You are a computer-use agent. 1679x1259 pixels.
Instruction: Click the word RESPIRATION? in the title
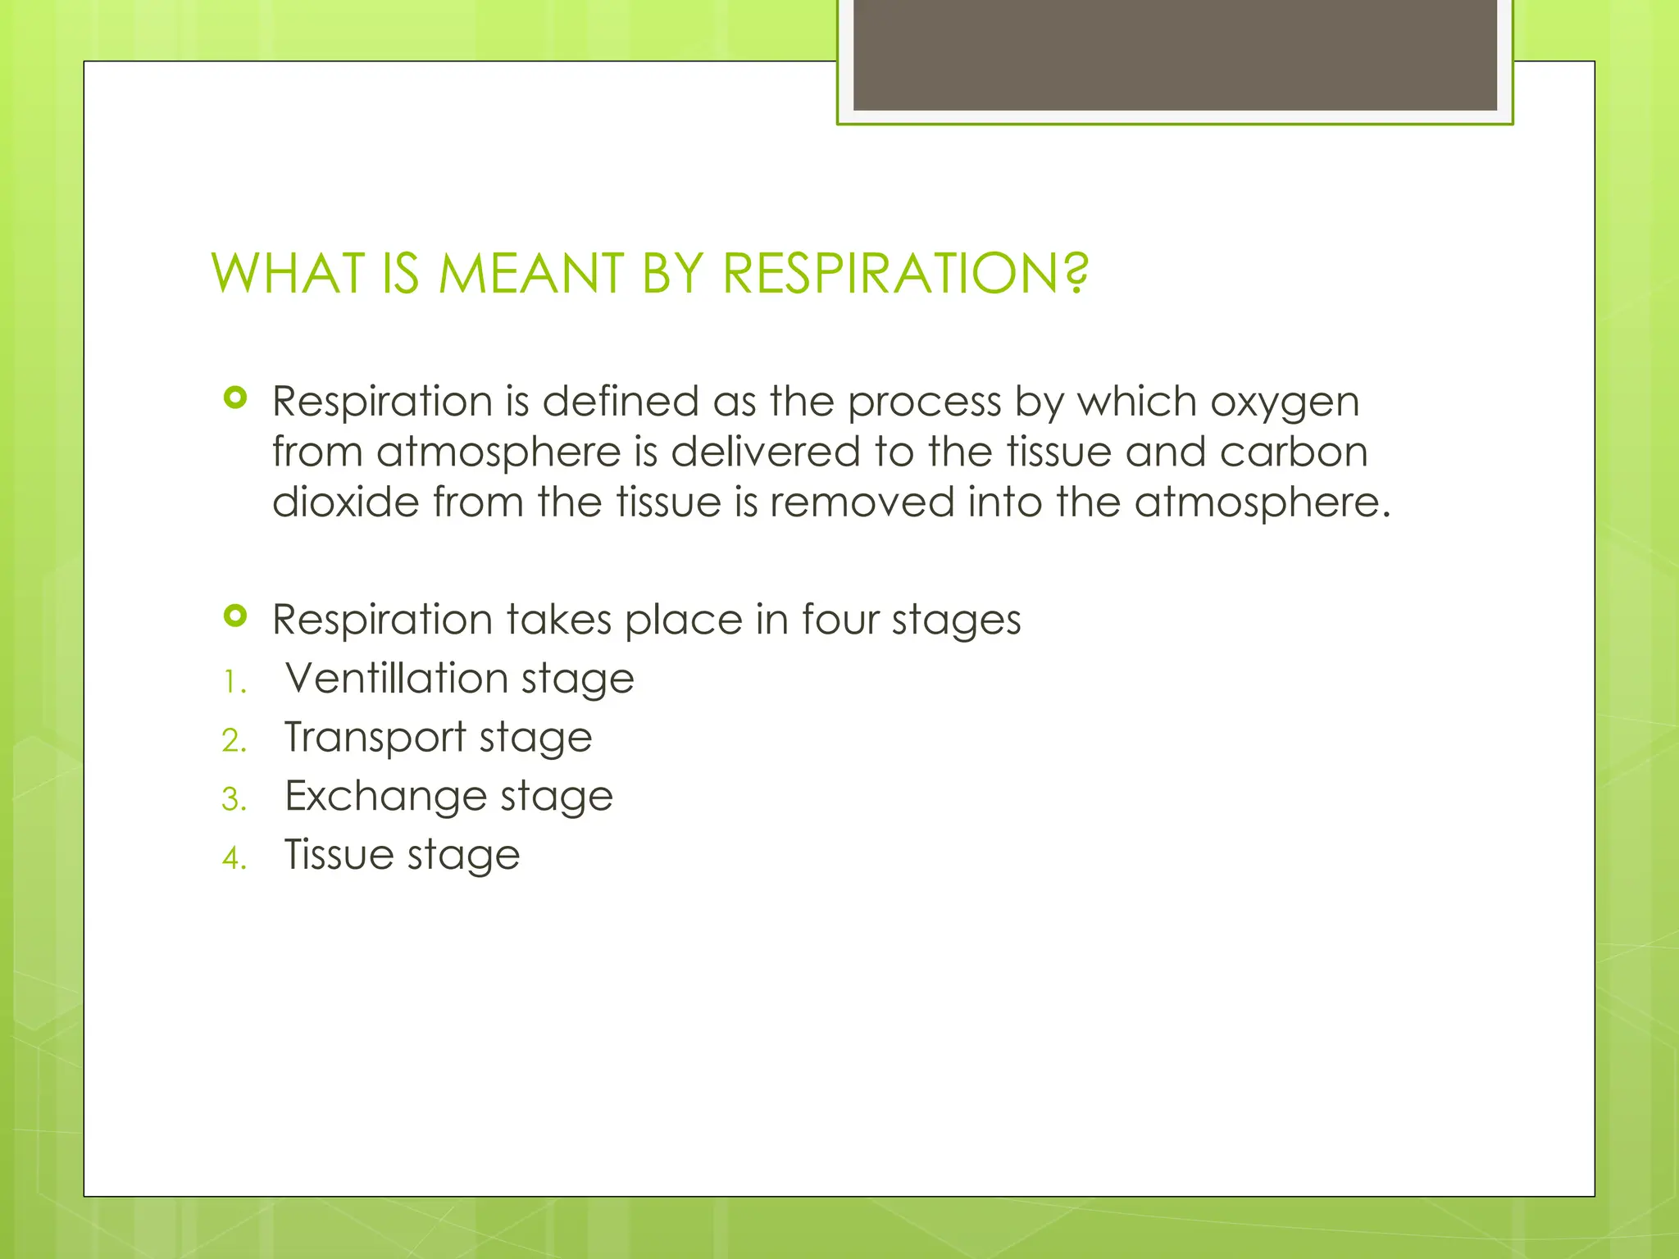tap(906, 274)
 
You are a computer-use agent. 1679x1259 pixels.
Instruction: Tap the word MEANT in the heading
tap(531, 274)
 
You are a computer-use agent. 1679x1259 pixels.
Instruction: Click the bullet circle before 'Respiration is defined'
tap(235, 398)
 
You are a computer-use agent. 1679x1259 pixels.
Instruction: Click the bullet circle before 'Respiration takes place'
tap(235, 616)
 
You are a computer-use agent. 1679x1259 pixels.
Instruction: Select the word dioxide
tap(345, 502)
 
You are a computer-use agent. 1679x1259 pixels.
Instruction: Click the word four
tap(839, 620)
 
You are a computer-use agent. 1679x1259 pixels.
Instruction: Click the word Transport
tap(375, 738)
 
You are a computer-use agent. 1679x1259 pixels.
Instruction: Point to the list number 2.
tap(234, 741)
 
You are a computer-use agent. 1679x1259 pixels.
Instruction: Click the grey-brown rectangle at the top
tap(1175, 54)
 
